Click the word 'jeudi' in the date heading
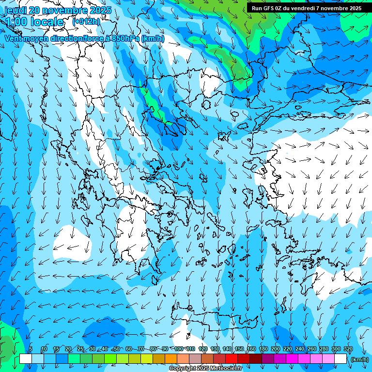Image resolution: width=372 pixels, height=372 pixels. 15,10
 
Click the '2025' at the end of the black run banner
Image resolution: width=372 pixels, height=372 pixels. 354,8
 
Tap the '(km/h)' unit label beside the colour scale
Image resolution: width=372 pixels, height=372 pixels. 359,359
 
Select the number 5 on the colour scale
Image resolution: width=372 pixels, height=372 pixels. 31,349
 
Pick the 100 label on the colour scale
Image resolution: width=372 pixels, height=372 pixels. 179,349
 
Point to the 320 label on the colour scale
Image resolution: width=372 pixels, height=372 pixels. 348,349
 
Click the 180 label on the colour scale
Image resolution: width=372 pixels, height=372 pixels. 263,349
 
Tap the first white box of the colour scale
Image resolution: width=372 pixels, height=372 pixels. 26,359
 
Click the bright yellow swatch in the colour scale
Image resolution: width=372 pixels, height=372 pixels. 147,359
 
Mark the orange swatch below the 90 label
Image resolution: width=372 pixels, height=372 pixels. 171,359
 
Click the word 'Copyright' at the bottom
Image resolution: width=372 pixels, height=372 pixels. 182,369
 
